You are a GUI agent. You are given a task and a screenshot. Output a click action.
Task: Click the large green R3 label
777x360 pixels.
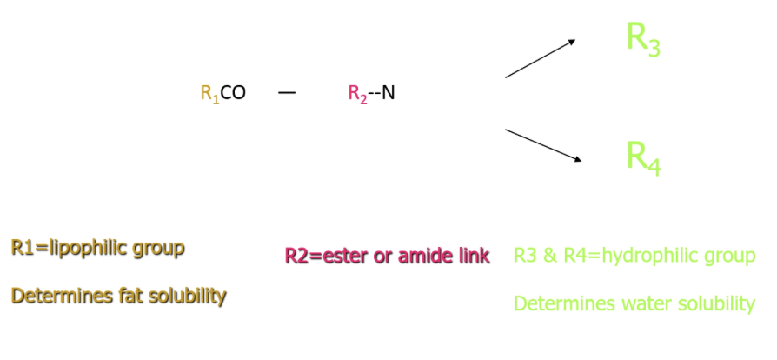tap(643, 39)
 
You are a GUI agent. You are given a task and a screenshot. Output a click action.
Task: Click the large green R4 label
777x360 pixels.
tap(643, 157)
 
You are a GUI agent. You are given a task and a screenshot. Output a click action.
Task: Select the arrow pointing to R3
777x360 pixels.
tap(540, 58)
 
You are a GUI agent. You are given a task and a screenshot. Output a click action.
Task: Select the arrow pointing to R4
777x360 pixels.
tap(543, 145)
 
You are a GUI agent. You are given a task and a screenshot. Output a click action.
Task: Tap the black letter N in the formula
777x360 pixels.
tap(388, 93)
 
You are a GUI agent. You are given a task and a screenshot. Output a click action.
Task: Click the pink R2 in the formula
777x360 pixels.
tap(358, 94)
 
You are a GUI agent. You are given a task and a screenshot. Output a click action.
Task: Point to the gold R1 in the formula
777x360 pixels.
tap(209, 94)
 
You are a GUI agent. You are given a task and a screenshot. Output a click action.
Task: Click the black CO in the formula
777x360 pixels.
tap(233, 93)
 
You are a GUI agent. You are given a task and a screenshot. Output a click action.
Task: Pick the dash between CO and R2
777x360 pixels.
tap(287, 92)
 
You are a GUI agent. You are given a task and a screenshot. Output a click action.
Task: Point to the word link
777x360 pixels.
tap(473, 256)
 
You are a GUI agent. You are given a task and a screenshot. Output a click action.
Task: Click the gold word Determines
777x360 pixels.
tap(56, 296)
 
